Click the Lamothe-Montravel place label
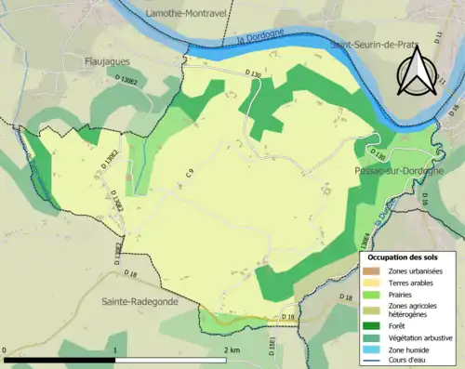tap(191, 11)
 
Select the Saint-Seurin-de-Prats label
tap(380, 43)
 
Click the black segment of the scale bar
tap(60, 359)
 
